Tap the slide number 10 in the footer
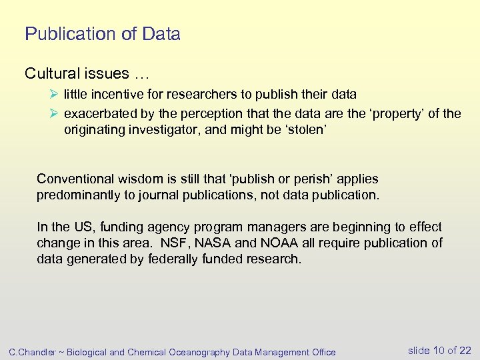[x=438, y=351]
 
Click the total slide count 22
[x=465, y=351]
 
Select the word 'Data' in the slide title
[x=160, y=34]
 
